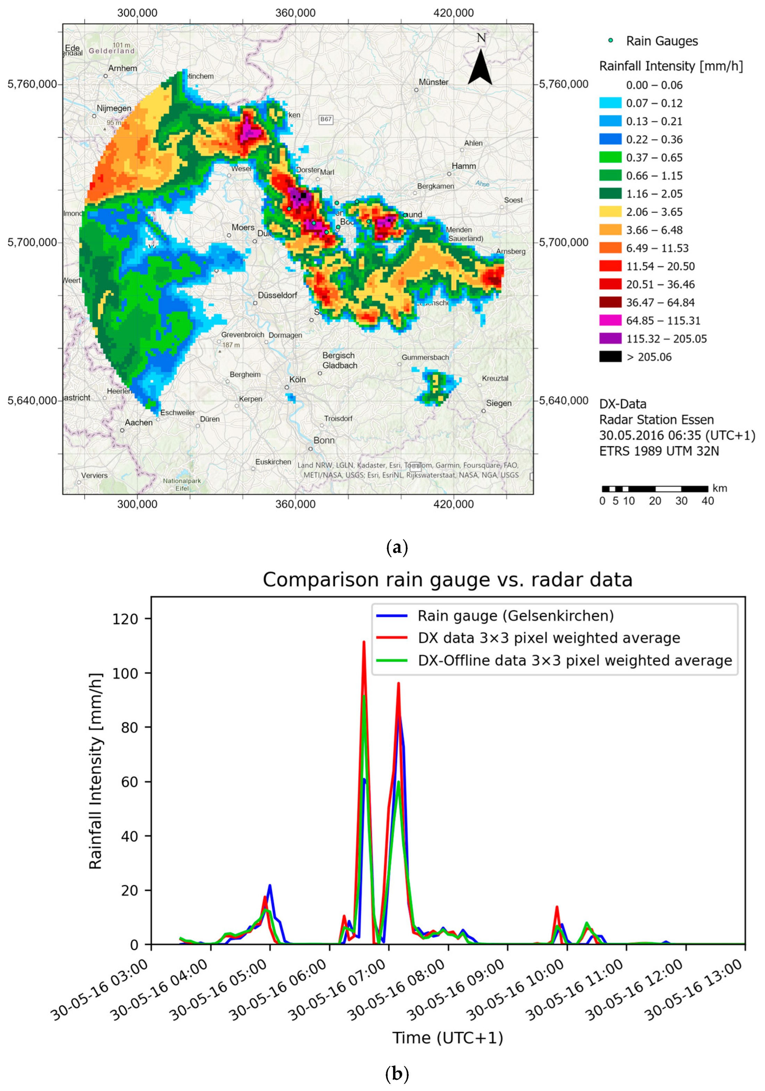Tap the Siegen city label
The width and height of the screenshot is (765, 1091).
tap(499, 403)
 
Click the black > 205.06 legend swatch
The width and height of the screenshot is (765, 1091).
tap(610, 357)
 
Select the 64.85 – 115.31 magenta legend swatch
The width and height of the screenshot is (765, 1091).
tap(610, 321)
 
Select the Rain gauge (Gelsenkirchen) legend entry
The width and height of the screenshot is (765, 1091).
tap(515, 616)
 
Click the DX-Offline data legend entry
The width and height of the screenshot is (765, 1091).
tap(574, 661)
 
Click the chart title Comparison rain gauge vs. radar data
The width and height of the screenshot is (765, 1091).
tap(447, 580)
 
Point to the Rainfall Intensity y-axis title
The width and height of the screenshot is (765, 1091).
tap(96, 771)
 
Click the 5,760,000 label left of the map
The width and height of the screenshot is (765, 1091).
tap(32, 84)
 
